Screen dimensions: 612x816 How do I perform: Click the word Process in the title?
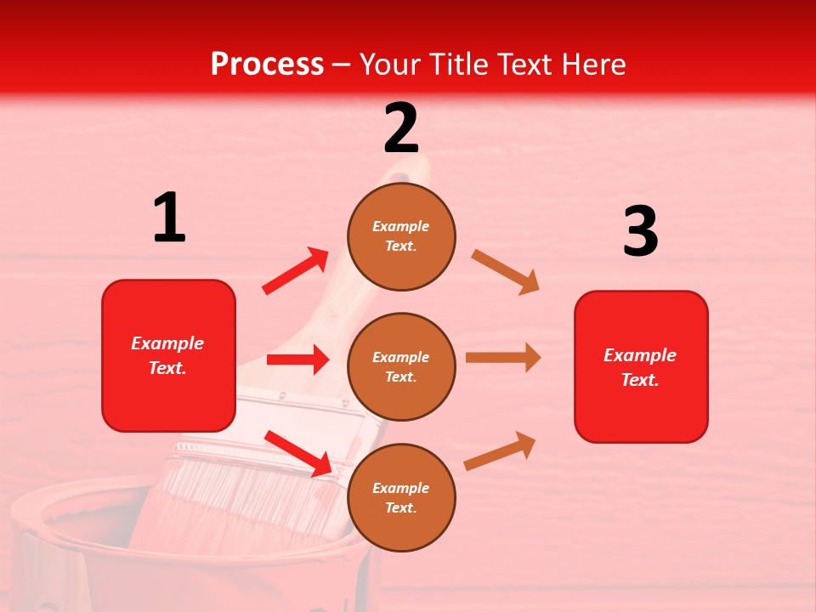(x=267, y=64)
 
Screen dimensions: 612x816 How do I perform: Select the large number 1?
(x=169, y=218)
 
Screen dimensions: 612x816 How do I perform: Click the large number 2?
(x=401, y=128)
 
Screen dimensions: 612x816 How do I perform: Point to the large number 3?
(x=640, y=231)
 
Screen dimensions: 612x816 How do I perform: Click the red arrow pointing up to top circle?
(x=295, y=271)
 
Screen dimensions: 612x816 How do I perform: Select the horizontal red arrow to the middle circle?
(x=297, y=360)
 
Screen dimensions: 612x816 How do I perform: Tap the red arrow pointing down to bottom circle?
(x=298, y=453)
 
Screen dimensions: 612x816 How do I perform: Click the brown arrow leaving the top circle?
(x=505, y=272)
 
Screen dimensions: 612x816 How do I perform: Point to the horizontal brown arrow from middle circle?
(x=502, y=357)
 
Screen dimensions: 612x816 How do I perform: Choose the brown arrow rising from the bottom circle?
(x=500, y=450)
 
